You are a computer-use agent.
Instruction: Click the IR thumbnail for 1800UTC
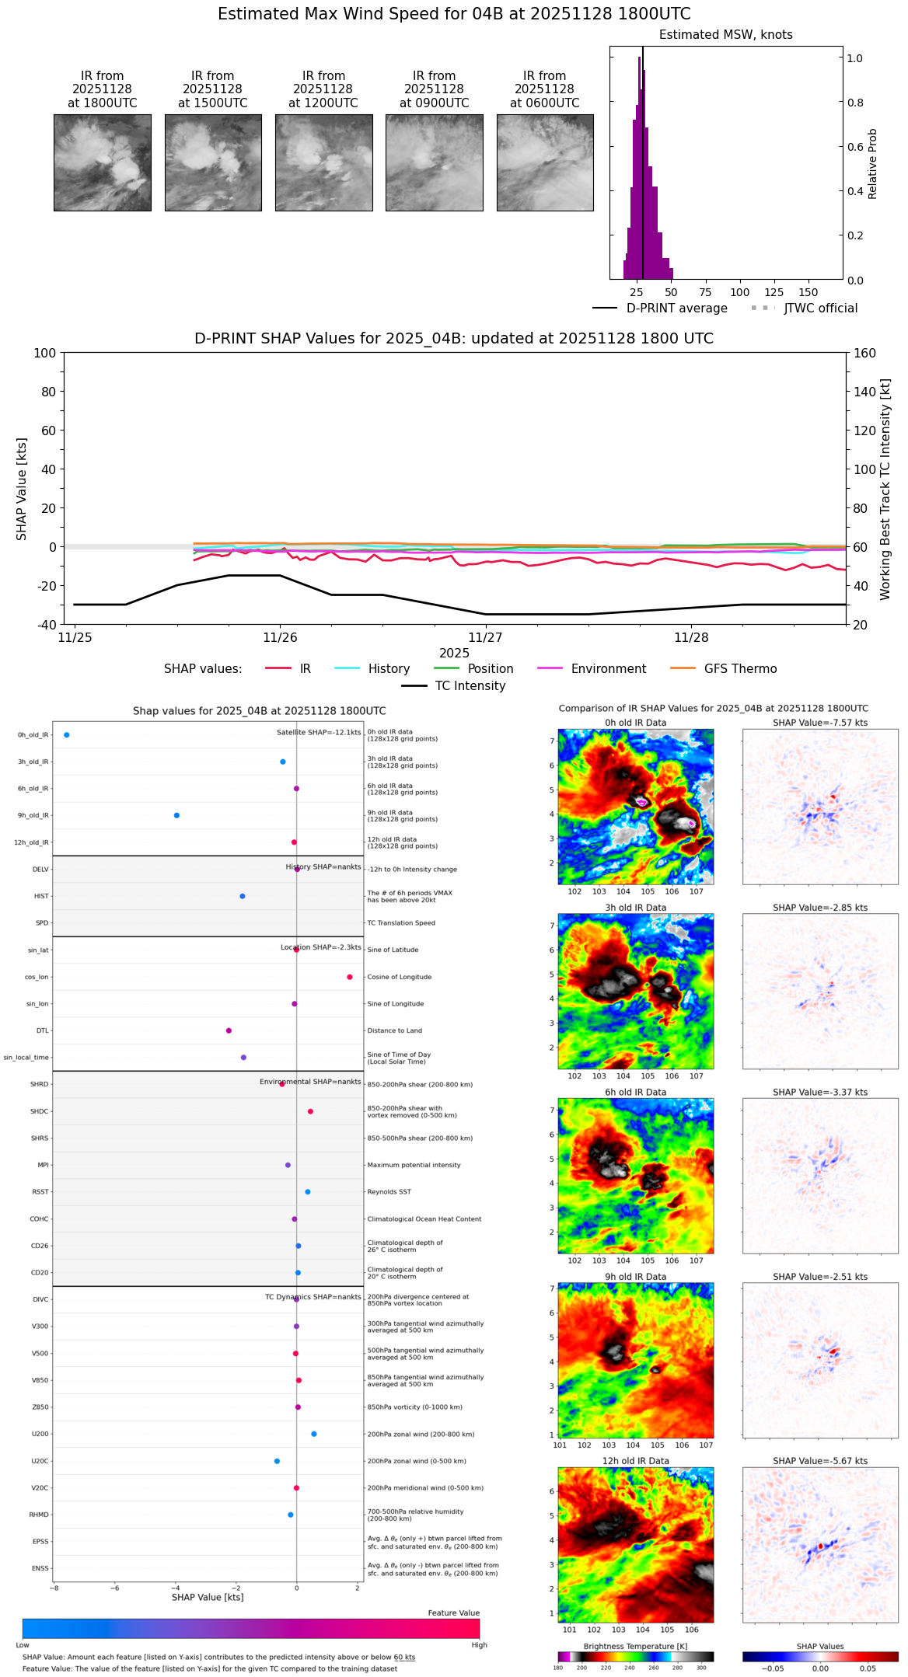102,162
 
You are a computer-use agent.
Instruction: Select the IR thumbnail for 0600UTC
545,162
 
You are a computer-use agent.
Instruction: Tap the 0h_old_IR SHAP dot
66,734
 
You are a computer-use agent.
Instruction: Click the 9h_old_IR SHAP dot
176,815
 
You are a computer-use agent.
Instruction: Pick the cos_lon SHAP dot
350,977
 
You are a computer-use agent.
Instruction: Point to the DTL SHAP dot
229,1030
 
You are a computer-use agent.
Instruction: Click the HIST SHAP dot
243,896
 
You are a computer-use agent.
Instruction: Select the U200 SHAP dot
314,1434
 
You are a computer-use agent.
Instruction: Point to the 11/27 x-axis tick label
486,638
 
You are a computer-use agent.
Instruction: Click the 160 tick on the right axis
864,353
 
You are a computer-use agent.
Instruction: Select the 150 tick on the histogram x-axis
808,293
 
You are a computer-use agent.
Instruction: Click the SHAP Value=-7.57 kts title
820,723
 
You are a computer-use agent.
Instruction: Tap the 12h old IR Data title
635,1461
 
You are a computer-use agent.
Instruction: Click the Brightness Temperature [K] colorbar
635,1657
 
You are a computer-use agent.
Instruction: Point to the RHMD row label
39,1515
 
